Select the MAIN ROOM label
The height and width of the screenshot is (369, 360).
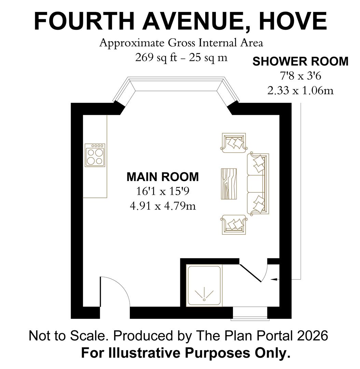click(162, 177)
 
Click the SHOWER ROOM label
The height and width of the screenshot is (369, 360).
click(300, 61)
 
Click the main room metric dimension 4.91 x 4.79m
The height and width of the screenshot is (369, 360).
click(162, 206)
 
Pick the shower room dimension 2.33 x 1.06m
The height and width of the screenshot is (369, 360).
click(300, 91)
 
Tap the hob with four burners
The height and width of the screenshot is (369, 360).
click(95, 155)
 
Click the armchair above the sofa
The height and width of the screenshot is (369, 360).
click(234, 142)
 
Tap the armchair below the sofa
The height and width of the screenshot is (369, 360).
click(234, 224)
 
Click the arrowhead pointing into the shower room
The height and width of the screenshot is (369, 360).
click(274, 280)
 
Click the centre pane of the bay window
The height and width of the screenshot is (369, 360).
click(176, 85)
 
